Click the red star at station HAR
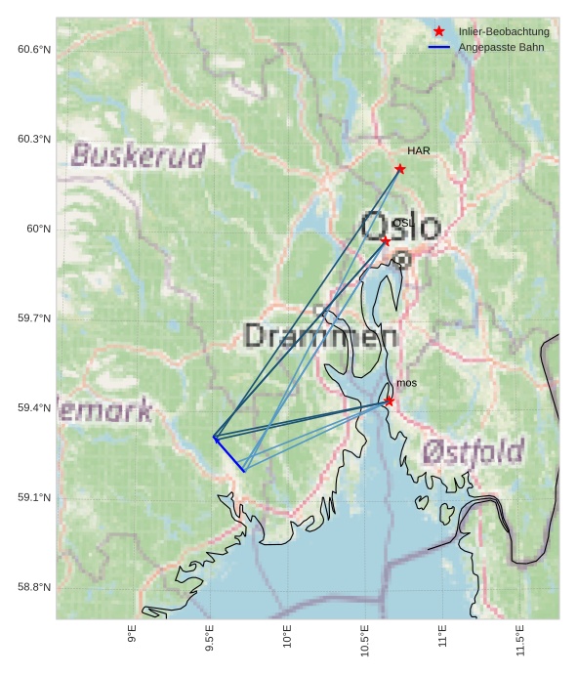tap(400, 169)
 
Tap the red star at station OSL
tap(386, 240)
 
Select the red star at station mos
tap(389, 401)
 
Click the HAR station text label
tap(419, 151)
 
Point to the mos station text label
tap(406, 384)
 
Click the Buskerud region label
tap(139, 155)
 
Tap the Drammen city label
tap(320, 337)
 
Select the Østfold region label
tap(474, 451)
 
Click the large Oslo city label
tap(400, 227)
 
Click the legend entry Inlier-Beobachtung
tap(504, 32)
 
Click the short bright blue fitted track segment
tap(229, 455)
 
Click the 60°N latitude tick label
tap(38, 229)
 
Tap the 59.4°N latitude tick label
tap(33, 408)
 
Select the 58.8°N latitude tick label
tap(33, 587)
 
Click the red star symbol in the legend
tap(439, 32)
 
